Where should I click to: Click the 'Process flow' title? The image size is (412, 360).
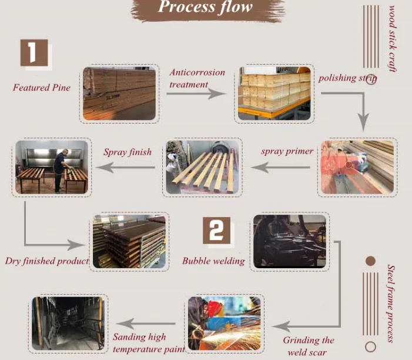205,8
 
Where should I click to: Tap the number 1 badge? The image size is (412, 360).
34,53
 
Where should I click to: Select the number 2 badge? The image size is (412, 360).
216,231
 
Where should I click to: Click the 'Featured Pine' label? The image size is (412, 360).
42,88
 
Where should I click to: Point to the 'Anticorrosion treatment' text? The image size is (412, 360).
197,78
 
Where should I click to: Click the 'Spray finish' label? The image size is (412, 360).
128,152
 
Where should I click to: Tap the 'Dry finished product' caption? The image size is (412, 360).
47,261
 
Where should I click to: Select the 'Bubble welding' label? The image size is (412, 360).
213,261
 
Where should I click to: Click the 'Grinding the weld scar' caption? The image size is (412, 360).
309,346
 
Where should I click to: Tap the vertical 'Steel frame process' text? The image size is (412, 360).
391,303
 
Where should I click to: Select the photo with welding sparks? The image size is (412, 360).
225,325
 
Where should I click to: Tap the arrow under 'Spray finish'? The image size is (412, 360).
126,169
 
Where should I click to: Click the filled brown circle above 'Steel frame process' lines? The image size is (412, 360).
370,261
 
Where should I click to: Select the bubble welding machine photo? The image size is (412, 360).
289,242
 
